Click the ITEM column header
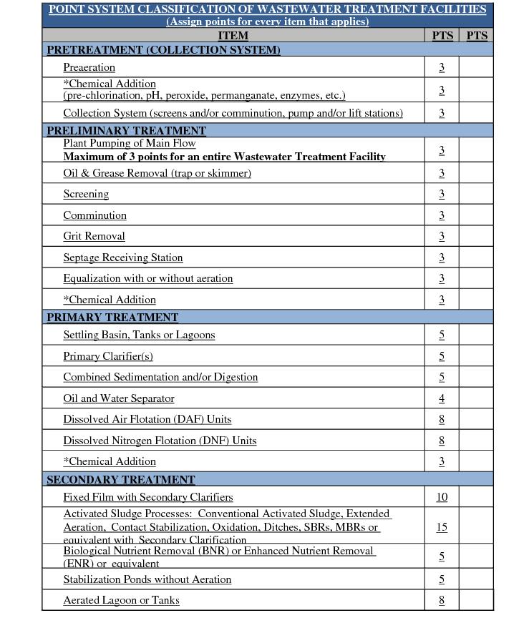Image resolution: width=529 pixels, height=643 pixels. tap(233, 35)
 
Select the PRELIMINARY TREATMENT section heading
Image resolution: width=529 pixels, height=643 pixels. tap(126, 131)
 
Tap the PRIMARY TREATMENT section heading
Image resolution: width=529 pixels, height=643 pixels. tap(112, 317)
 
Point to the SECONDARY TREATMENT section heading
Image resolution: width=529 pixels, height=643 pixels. tap(120, 479)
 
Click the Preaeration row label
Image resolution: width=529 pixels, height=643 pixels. tap(89, 67)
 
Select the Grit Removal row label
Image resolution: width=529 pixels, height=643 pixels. tap(94, 236)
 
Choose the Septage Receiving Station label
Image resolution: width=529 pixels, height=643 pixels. tap(122, 257)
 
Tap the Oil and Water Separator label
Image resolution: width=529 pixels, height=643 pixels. tap(118, 398)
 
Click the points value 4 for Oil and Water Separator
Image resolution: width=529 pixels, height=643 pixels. tap(442, 398)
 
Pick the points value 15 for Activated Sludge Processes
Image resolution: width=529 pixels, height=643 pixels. tap(442, 527)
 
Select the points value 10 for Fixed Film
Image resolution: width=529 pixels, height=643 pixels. tap(442, 497)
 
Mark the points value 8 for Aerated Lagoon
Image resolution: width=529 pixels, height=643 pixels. tap(442, 600)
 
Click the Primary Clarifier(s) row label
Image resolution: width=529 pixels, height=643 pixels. tap(107, 356)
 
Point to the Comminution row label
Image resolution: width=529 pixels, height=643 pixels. tap(94, 215)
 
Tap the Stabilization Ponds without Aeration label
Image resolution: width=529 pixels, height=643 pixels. tap(147, 579)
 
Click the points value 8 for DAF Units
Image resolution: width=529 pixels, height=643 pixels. tap(442, 419)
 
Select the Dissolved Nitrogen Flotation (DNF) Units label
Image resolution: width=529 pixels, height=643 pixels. tap(159, 441)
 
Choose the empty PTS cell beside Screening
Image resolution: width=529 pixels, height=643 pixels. tap(476, 194)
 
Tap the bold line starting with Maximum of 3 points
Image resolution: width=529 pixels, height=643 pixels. tap(224, 157)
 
